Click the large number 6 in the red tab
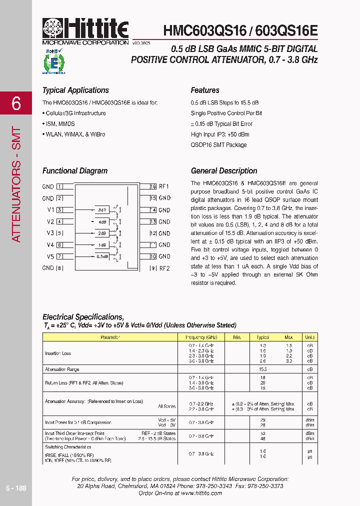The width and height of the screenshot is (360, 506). click(x=16, y=103)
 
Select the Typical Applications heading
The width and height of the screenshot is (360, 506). click(x=75, y=90)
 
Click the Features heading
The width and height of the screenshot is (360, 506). click(x=205, y=90)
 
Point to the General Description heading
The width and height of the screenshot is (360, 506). click(x=224, y=171)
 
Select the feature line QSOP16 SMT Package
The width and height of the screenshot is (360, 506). click(x=218, y=145)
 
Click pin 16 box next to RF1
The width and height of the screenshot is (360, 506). click(x=153, y=186)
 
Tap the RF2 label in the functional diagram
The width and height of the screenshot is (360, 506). click(x=164, y=268)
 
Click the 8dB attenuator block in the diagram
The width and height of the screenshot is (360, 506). click(x=101, y=210)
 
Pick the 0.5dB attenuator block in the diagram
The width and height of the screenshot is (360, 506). click(x=101, y=256)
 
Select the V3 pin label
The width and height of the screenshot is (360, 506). click(x=50, y=233)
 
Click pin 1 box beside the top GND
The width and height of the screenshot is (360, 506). click(x=59, y=186)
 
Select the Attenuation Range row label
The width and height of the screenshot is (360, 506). click(x=62, y=369)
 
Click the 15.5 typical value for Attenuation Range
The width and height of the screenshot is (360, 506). click(x=262, y=369)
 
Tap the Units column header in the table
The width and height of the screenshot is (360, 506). click(x=310, y=337)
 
